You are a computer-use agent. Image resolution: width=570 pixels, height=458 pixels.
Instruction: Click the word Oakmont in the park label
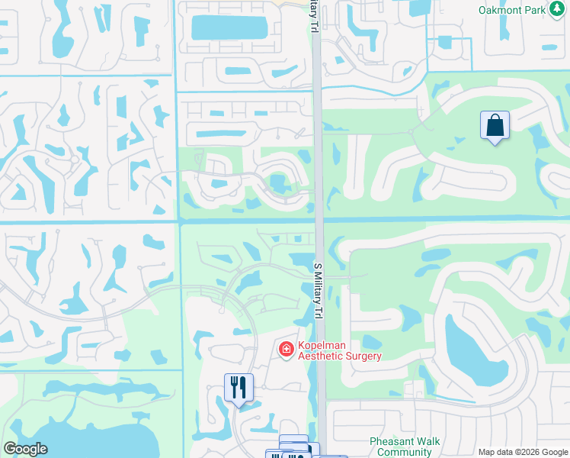click(x=500, y=11)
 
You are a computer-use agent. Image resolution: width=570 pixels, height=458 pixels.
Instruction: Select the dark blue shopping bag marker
click(x=495, y=127)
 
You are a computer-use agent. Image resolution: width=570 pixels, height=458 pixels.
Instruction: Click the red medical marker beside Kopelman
click(x=287, y=350)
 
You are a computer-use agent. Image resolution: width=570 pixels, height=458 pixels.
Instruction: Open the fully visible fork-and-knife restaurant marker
click(x=239, y=388)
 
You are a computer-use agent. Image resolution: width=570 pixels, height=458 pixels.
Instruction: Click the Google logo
click(x=25, y=449)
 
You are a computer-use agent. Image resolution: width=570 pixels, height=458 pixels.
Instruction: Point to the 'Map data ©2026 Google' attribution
click(x=522, y=452)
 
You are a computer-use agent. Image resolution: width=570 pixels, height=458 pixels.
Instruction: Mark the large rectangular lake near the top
click(x=229, y=27)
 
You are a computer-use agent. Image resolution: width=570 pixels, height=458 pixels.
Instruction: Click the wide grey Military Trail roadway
click(x=321, y=153)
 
